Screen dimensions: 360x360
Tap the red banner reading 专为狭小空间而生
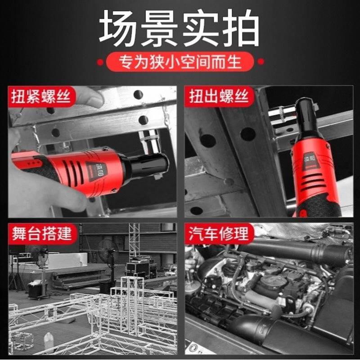[x=180, y=61]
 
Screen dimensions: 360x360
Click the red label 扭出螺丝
[x=219, y=97]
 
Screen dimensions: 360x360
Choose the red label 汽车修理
[x=219, y=234]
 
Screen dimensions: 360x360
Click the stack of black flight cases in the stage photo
[x=141, y=268]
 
